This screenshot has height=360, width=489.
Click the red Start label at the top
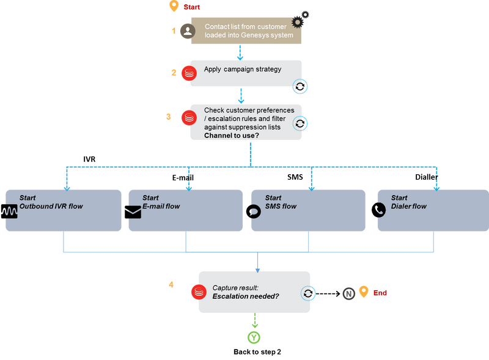[191, 7]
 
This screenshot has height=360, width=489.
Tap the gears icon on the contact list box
[300, 20]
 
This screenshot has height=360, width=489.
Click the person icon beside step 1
[188, 31]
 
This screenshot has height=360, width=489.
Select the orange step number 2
[174, 73]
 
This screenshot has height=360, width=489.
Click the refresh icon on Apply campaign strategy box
[300, 86]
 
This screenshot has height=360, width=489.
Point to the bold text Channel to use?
[232, 136]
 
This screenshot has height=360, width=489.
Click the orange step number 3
[169, 117]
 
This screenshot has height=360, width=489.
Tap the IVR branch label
[89, 159]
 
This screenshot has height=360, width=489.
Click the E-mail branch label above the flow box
[183, 177]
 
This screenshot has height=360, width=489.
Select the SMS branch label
[295, 177]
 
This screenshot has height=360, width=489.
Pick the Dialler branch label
[426, 177]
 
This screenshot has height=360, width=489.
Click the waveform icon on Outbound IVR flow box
[9, 211]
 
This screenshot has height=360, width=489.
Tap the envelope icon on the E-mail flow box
[133, 212]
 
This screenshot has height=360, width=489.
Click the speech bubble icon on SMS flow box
[254, 211]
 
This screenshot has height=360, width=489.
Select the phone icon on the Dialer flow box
[378, 210]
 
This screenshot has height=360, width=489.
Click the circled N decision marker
[348, 293]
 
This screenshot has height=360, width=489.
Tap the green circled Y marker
[254, 337]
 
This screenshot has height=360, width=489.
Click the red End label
[380, 293]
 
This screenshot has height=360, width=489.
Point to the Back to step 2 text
[257, 352]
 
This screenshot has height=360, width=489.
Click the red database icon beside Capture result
[199, 292]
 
